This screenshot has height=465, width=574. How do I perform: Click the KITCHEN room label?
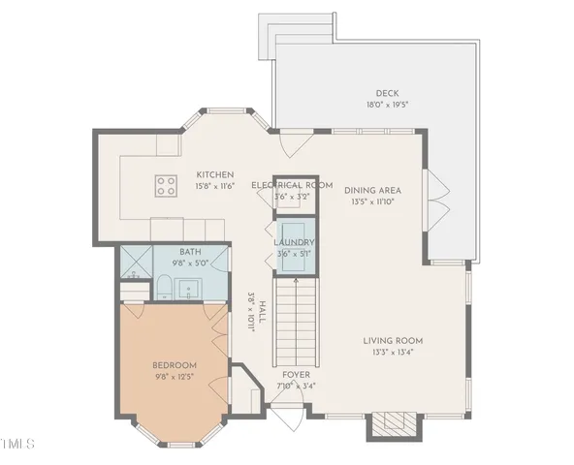tap(213, 174)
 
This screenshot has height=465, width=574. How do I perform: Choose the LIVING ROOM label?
tap(393, 341)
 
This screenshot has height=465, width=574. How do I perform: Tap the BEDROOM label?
tap(175, 365)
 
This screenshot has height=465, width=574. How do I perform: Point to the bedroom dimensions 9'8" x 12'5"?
tap(175, 377)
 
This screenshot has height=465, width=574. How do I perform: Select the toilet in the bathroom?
tap(164, 287)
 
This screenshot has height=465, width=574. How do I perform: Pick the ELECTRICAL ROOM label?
tap(291, 185)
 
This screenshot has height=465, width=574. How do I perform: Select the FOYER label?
tap(296, 374)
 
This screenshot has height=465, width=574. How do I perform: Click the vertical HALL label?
tap(251, 312)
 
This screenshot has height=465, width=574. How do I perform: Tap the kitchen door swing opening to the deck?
tap(285, 145)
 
